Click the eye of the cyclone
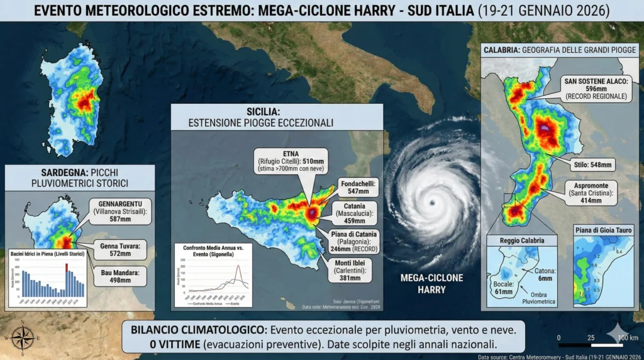pyautogui.click(x=433, y=203)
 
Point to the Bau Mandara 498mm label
pyautogui.click(x=118, y=276)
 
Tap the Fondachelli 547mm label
pyautogui.click(x=358, y=187)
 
